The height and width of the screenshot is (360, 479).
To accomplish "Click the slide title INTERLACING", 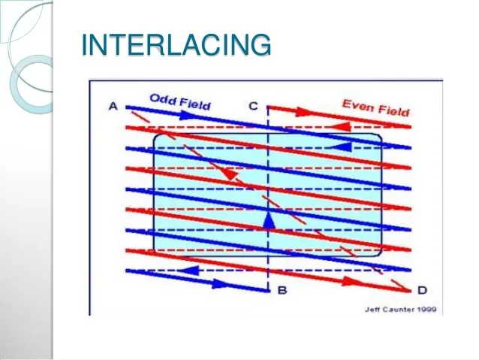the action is (176, 44).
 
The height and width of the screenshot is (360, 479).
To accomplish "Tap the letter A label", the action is (113, 107).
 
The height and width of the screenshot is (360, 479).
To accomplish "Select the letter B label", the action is (282, 290).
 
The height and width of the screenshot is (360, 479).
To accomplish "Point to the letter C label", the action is (253, 106).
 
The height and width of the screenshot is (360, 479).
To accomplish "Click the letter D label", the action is (422, 290).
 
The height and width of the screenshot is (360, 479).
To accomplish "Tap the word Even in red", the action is (357, 105).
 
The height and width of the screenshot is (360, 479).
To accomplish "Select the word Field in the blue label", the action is (195, 104).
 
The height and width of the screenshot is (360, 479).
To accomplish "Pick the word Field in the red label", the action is (393, 110).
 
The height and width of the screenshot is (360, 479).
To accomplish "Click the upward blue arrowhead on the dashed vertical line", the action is (269, 220).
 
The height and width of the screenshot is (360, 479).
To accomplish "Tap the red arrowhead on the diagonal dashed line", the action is (231, 174).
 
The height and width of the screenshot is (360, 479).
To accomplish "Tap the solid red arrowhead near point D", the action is (351, 281).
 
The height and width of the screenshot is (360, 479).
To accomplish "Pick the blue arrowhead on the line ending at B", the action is (221, 283).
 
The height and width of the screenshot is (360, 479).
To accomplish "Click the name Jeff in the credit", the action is (372, 310).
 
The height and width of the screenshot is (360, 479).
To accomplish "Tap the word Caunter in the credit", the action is (398, 310).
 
